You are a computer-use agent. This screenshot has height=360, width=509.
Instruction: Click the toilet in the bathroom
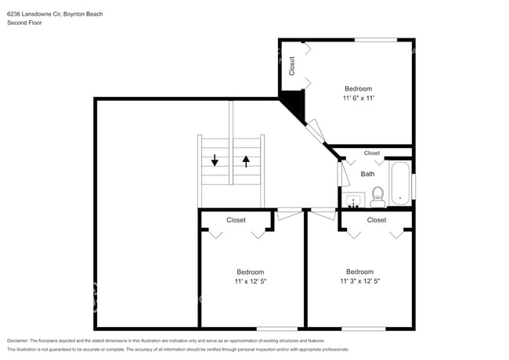tap(377, 196)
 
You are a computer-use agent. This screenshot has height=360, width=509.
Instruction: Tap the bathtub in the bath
tap(399, 183)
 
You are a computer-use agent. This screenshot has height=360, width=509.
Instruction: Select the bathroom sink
tap(354, 201)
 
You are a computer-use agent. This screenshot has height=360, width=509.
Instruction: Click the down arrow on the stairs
tap(215, 160)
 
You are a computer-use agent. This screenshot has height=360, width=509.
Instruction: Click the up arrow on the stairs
tap(247, 160)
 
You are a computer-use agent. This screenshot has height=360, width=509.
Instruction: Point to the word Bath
tap(367, 174)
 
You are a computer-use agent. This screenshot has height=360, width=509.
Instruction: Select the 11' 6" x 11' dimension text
tap(358, 99)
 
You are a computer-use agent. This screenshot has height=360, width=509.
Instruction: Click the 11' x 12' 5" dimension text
tap(250, 281)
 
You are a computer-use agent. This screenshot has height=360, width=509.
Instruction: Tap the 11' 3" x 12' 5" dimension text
tap(359, 281)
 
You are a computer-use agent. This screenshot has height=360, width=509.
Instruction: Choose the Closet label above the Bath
tap(372, 153)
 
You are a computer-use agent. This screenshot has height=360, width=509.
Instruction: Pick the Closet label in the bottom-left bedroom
tap(236, 221)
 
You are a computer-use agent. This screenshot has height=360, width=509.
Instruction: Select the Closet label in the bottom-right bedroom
tap(377, 221)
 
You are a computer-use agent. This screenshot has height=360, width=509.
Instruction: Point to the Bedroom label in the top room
tap(358, 89)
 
